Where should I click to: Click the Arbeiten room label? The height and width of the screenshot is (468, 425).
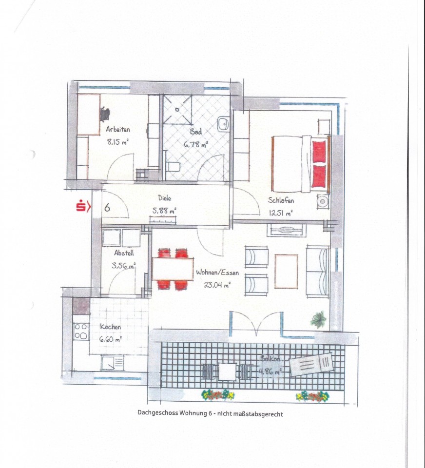tap(118, 129)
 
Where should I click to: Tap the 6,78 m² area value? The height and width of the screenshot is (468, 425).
tap(196, 145)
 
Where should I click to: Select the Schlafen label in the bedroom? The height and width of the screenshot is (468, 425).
tap(281, 200)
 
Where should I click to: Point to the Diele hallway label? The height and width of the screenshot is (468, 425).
tap(164, 197)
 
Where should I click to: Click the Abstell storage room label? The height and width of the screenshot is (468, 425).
tap(124, 253)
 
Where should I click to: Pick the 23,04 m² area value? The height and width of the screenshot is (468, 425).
tap(217, 285)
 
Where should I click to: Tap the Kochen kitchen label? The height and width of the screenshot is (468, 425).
tap(111, 327)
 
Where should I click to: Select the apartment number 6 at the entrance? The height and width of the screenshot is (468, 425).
tap(107, 207)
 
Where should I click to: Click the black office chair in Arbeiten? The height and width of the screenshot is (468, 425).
tap(105, 114)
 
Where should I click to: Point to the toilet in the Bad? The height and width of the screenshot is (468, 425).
tap(173, 167)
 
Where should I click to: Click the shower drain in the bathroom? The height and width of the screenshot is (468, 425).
tap(177, 110)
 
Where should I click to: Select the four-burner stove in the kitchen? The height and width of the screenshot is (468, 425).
tap(81, 331)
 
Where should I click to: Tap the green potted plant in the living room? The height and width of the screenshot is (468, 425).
tap(319, 320)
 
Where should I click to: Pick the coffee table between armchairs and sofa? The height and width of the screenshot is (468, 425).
tap(286, 272)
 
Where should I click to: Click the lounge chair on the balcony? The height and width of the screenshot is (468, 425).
tap(311, 365)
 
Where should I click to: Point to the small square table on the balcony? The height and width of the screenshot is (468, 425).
tap(228, 371)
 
